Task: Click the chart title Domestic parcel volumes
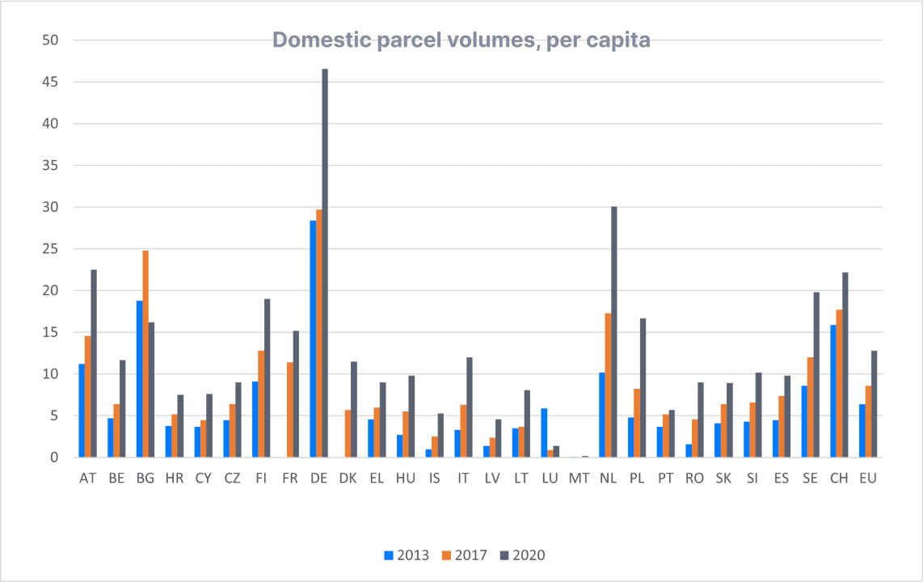(461, 40)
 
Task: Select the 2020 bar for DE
(325, 263)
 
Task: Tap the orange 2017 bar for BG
(145, 354)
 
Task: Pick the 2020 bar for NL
(614, 331)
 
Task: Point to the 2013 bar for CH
(833, 391)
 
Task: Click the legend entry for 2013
(407, 555)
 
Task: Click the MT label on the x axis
(579, 479)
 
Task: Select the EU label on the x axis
(868, 479)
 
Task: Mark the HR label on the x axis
(175, 479)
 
